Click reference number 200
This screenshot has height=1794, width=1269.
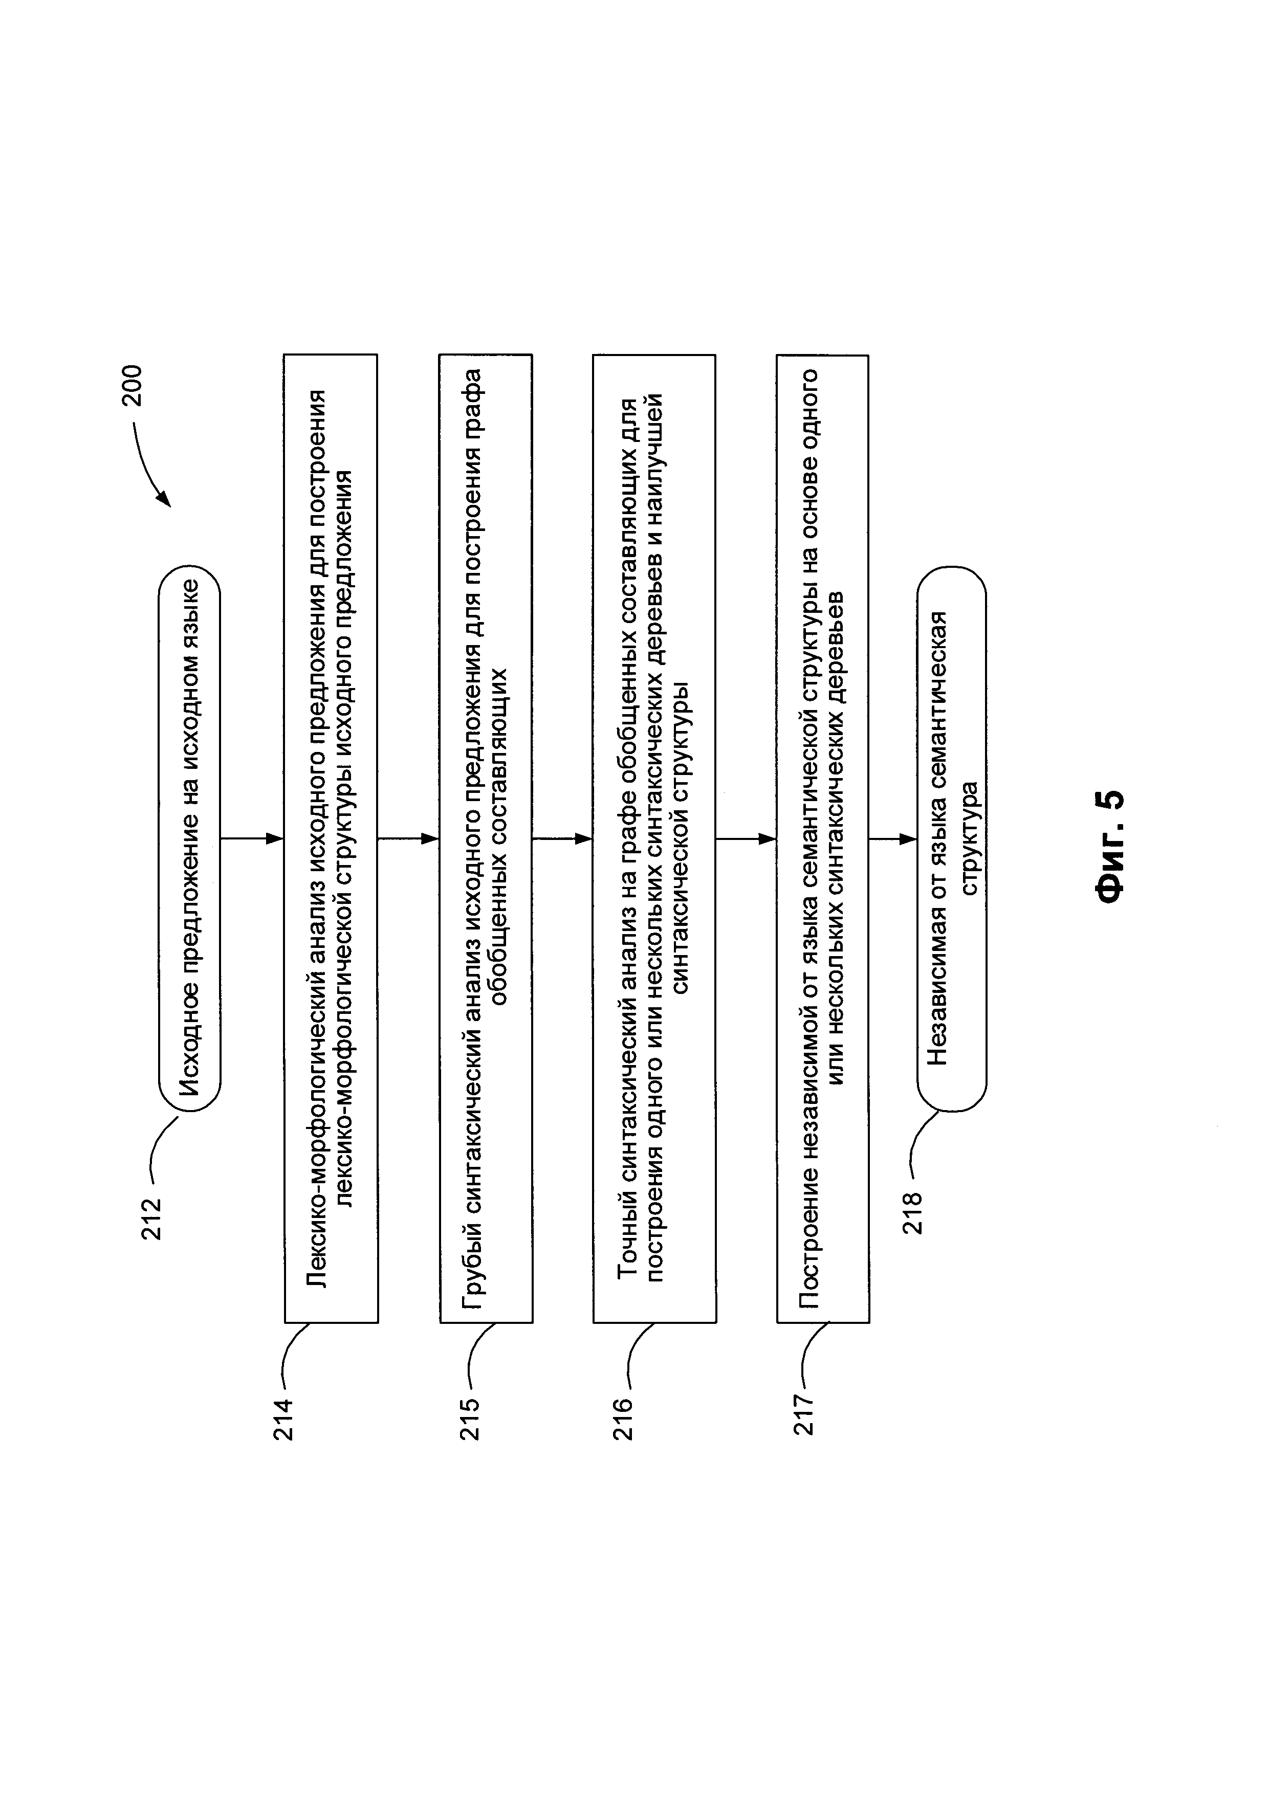132,385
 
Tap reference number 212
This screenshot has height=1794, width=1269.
151,1219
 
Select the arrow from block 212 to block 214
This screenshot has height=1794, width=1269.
252,838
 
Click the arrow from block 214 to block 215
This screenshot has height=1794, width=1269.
408,838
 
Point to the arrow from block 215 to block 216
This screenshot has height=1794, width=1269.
563,838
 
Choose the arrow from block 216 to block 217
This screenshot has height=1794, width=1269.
746,838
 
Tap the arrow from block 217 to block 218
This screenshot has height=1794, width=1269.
892,838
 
